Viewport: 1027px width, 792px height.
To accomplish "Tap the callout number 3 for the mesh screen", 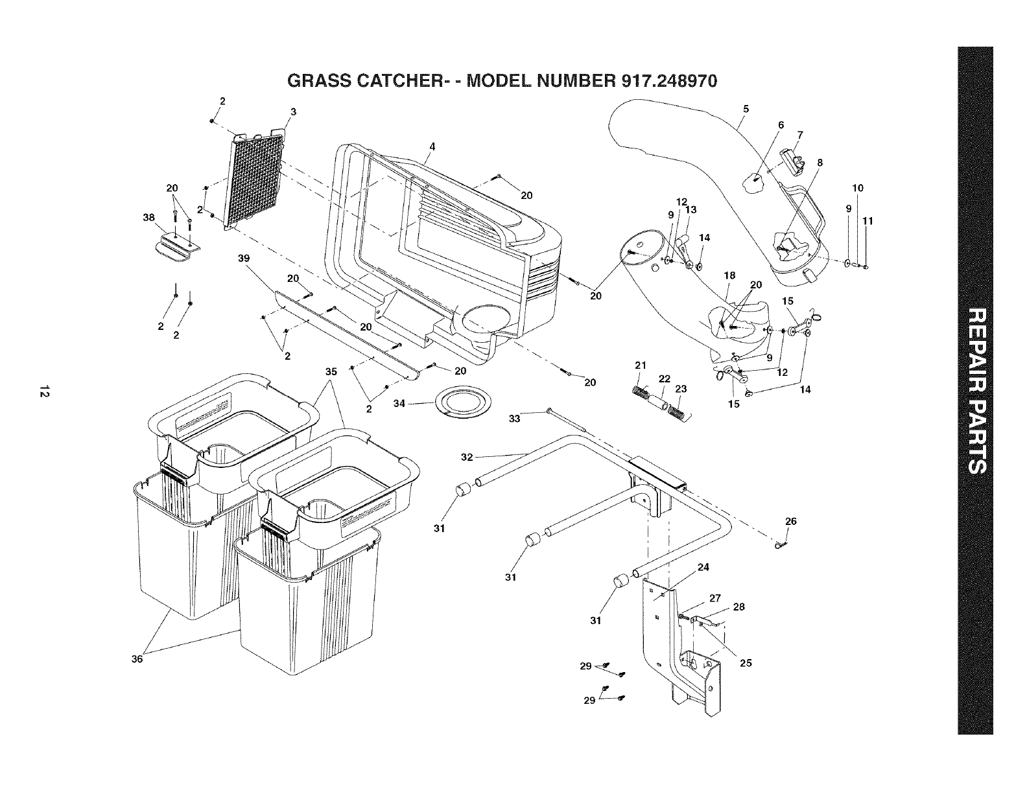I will coord(293,112).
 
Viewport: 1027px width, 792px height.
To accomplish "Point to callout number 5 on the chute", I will coord(746,109).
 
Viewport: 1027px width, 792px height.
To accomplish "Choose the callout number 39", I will coord(244,258).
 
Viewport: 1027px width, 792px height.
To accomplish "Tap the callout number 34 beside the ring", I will coord(400,404).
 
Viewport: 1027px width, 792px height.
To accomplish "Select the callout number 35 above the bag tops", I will coord(331,372).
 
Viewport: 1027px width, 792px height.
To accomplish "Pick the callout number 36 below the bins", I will coord(137,658).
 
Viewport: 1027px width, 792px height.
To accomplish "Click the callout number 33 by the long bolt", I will coord(514,419).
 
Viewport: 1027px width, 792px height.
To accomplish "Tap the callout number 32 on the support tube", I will coord(467,457).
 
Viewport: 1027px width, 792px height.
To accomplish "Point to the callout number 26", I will coord(790,521).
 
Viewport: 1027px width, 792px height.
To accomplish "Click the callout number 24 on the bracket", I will coord(703,567).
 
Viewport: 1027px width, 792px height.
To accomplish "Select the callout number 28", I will coord(738,607).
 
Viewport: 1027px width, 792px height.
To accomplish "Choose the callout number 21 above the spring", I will coord(641,366).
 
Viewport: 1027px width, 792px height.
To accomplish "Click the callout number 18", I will coord(729,275).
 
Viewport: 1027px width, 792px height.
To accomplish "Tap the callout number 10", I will coord(858,188).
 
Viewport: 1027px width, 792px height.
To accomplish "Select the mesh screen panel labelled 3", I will coord(257,178).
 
